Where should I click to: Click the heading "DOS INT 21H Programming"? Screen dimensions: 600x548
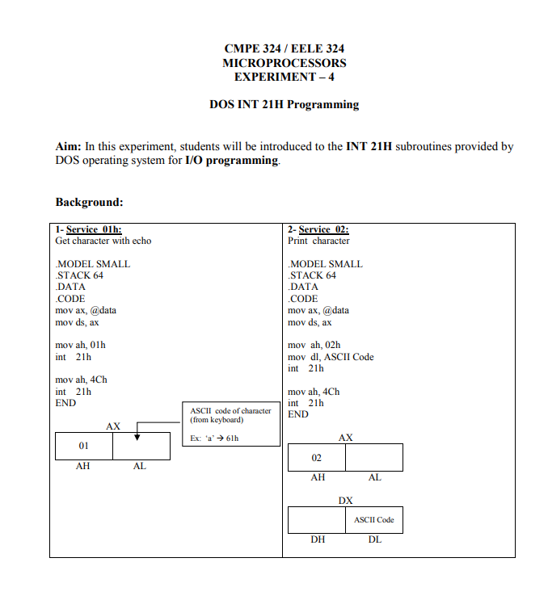point(284,104)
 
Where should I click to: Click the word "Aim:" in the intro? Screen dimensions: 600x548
point(69,147)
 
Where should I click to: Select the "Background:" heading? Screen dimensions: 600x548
point(89,202)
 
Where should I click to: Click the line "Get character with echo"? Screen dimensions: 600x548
point(103,241)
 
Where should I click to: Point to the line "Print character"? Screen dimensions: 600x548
point(318,241)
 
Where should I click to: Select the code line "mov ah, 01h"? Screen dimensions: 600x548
point(80,345)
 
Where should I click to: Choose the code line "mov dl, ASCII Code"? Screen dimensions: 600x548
point(331,357)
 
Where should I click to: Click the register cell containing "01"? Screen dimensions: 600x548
point(83,446)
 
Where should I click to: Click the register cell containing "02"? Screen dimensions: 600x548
point(317,458)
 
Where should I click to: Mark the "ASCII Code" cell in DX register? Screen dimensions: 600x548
point(374,520)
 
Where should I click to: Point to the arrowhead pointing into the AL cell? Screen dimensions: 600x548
point(137,437)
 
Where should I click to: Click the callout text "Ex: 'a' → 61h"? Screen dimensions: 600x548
point(214,438)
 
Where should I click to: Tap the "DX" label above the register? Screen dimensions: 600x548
point(345,500)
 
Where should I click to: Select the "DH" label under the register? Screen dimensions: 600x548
point(318,539)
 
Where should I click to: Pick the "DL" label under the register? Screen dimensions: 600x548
point(374,539)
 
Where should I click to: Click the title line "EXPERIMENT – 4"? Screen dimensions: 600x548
point(284,77)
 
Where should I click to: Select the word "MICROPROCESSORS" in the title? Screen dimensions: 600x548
point(284,63)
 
